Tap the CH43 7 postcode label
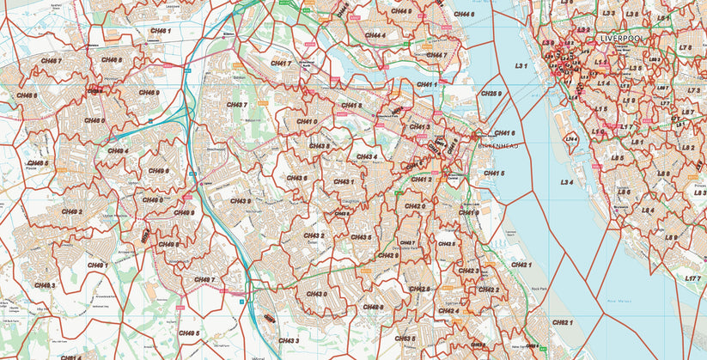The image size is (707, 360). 237,105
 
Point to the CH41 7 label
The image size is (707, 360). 281,63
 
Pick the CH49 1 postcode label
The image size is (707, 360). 94,265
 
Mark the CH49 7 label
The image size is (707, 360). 204,279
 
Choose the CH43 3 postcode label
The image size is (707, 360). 286,341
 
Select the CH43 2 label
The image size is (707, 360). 314,235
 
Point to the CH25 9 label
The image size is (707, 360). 491,93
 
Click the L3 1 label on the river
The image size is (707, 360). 521,65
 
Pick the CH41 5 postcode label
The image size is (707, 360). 494,174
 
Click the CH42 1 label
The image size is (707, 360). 521,265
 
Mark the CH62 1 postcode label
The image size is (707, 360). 562,322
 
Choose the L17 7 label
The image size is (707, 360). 693,278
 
